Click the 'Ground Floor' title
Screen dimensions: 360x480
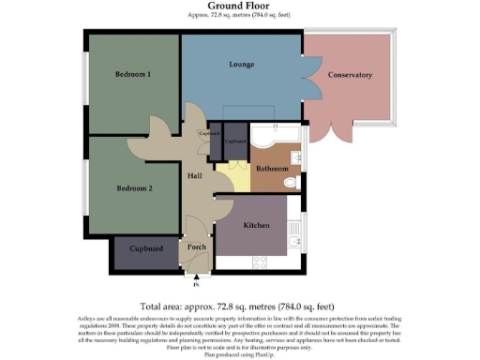[240, 6]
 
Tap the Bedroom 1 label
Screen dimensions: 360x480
[134, 74]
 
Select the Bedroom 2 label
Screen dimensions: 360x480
[134, 188]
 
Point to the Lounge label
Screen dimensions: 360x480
[243, 66]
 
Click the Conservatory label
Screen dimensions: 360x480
[350, 75]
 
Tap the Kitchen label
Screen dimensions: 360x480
[258, 226]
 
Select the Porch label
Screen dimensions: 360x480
[197, 247]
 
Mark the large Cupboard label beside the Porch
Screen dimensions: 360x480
[145, 249]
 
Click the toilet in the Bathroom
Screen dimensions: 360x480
[292, 182]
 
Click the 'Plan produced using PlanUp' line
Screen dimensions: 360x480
[240, 352]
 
